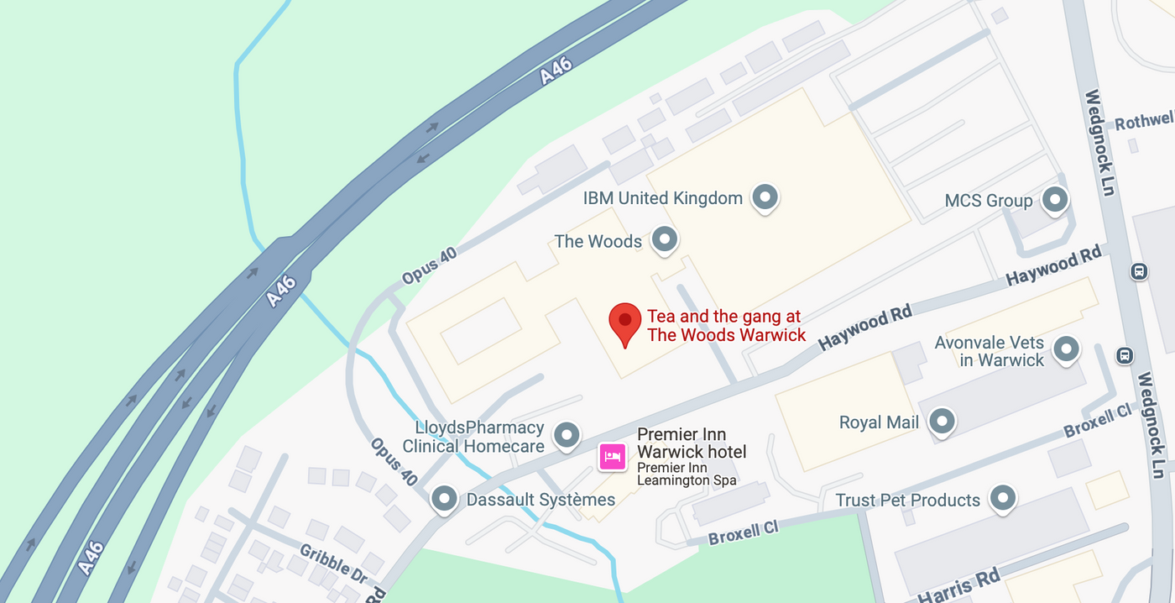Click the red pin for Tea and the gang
click(x=624, y=322)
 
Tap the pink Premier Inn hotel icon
click(x=612, y=457)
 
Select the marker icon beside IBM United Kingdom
click(x=765, y=197)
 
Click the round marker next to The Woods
click(x=665, y=240)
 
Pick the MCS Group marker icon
click(x=1054, y=200)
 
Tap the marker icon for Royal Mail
click(x=942, y=422)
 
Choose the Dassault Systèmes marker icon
click(x=444, y=499)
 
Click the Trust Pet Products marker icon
click(x=1003, y=499)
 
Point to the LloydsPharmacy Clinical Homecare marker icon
click(x=568, y=435)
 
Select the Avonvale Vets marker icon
click(x=1066, y=349)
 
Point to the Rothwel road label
click(x=1142, y=122)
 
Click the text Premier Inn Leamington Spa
click(x=687, y=475)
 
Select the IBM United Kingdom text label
click(x=663, y=198)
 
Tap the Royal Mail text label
click(x=879, y=422)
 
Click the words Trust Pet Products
click(x=907, y=501)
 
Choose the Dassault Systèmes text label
click(x=540, y=501)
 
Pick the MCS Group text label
click(x=988, y=201)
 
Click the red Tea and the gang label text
click(x=725, y=326)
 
